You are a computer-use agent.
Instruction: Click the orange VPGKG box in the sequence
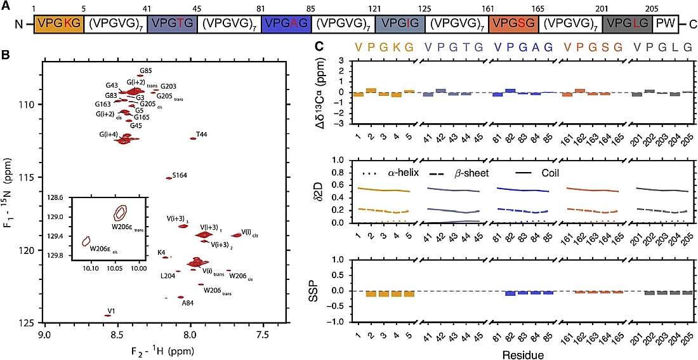pyautogui.click(x=58, y=24)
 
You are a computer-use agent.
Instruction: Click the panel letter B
pyautogui.click(x=5, y=55)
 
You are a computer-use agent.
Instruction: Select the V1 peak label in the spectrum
pyautogui.click(x=111, y=311)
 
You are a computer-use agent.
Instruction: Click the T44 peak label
pyautogui.click(x=201, y=135)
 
